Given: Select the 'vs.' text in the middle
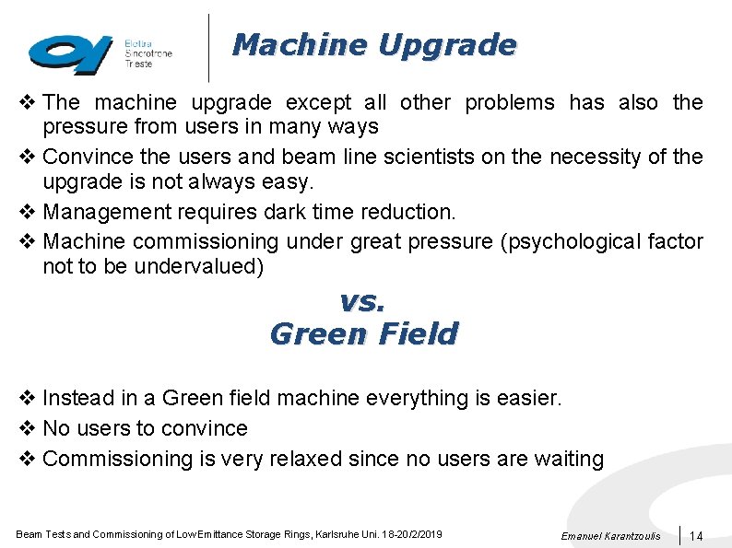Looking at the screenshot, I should click(x=362, y=301).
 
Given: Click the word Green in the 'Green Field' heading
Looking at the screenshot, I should click(x=313, y=333).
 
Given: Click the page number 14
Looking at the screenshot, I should click(x=696, y=536).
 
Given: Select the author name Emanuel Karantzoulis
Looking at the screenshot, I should click(x=609, y=536).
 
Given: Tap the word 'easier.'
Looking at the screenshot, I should click(x=526, y=398).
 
